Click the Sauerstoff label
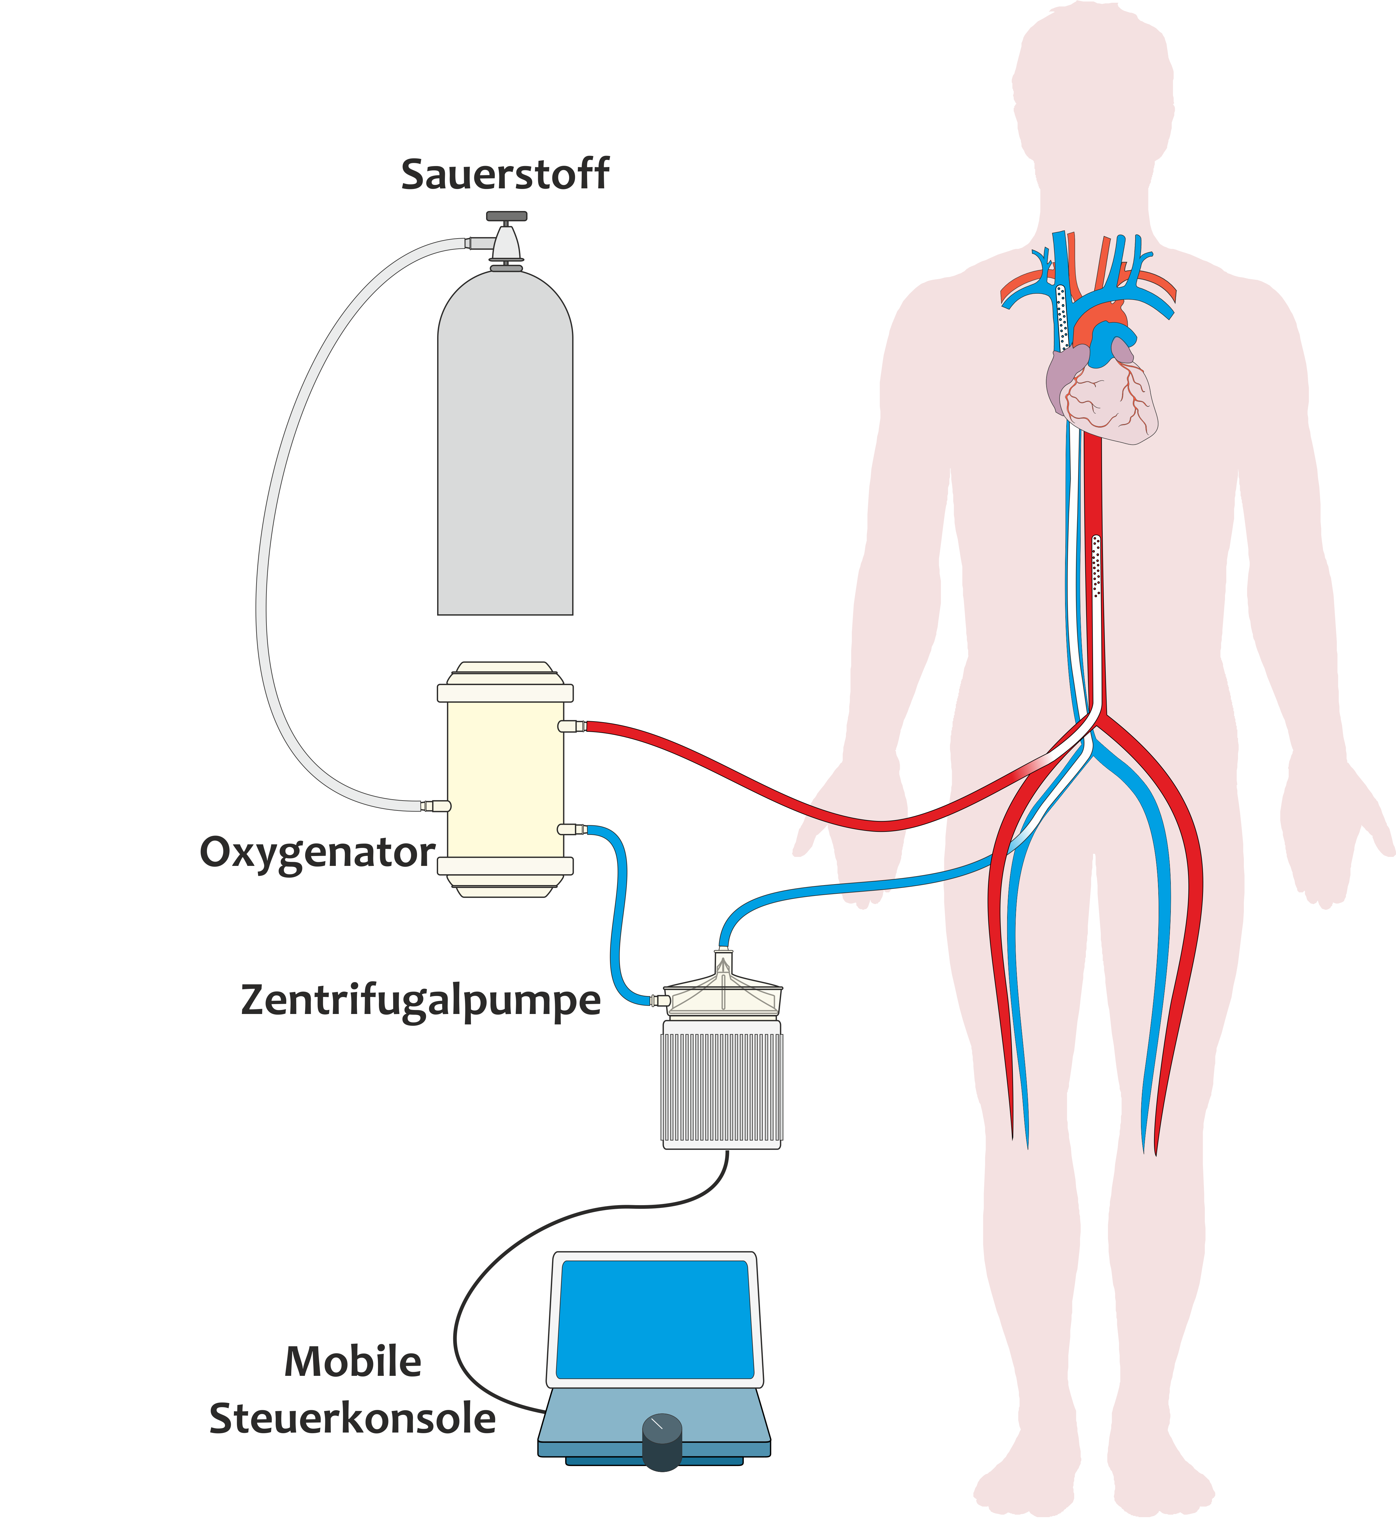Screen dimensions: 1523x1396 (505, 174)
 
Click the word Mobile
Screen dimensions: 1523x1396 (353, 1362)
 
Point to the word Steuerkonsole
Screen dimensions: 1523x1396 (353, 1419)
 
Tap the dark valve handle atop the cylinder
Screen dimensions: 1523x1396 (506, 216)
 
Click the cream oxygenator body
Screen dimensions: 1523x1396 (505, 778)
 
